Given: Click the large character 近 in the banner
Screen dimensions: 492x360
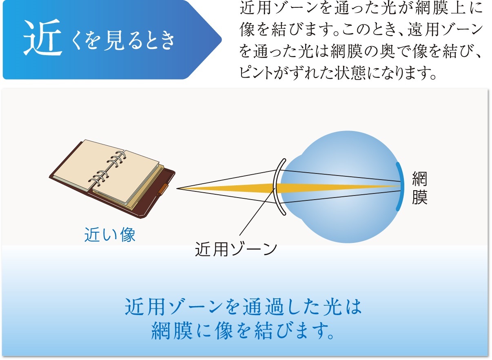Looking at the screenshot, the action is coord(42,38).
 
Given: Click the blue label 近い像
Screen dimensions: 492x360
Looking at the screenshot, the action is coord(110,235).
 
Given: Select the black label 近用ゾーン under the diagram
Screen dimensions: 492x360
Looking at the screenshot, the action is coord(236,249).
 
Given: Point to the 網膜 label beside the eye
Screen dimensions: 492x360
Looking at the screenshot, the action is coord(419,188).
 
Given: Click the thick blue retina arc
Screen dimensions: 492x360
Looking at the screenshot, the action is coord(401,187).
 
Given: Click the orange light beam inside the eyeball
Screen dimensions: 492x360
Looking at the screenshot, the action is coord(338,187).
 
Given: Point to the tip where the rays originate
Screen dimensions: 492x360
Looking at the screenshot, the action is coord(177,188).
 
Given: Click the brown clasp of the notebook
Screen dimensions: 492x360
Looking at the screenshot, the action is coord(162,189).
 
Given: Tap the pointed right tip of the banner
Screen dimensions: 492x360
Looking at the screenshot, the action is coord(221,40).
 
